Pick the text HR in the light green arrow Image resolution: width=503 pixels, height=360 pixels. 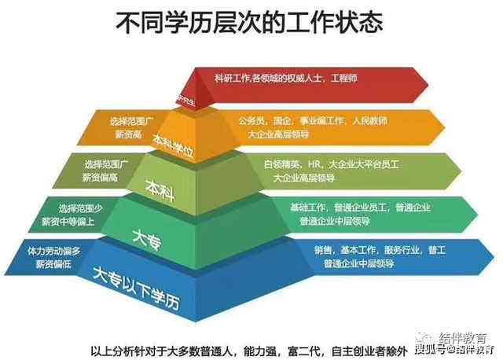pos(314,164)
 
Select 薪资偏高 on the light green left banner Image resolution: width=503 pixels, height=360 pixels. pos(99,178)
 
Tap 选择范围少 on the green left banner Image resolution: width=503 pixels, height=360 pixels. pos(79,208)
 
